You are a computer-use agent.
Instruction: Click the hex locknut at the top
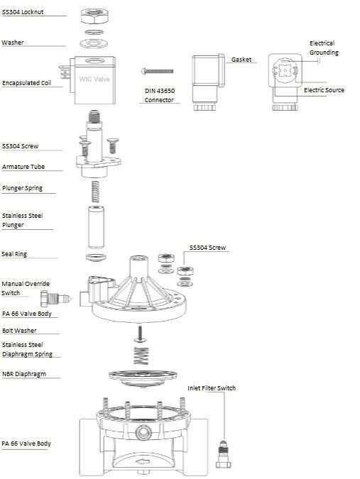point(94,16)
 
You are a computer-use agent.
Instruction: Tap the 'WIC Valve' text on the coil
point(94,79)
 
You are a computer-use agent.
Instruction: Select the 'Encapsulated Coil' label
point(26,83)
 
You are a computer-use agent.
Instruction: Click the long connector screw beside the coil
point(157,71)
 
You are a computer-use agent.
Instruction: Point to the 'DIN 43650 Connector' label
point(160,95)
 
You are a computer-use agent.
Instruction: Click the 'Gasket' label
point(241,60)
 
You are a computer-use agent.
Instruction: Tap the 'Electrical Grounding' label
point(324,48)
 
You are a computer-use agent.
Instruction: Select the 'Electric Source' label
point(324,90)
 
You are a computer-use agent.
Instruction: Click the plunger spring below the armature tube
point(95,191)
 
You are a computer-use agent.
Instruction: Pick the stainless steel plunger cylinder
point(96,227)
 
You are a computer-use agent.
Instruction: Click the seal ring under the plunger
point(96,257)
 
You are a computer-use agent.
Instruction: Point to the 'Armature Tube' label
point(23,167)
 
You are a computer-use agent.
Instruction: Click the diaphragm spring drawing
point(141,356)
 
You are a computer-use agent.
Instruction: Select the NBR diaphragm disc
point(143,378)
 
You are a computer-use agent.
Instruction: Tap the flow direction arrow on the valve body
point(143,461)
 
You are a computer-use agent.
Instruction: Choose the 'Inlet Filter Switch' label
point(212,388)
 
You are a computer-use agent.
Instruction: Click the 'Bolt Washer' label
point(19,331)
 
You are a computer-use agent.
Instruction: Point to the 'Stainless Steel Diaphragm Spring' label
point(27,349)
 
